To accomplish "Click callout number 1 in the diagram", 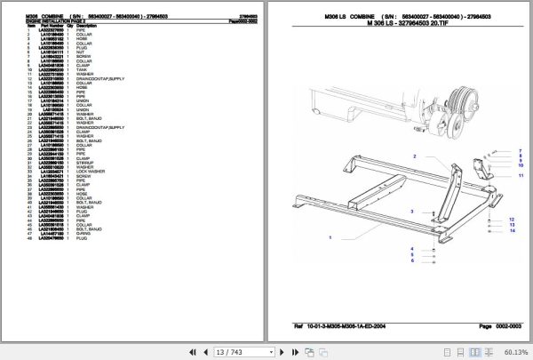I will click(x=330, y=238).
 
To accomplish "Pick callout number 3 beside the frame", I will click(x=412, y=211).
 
